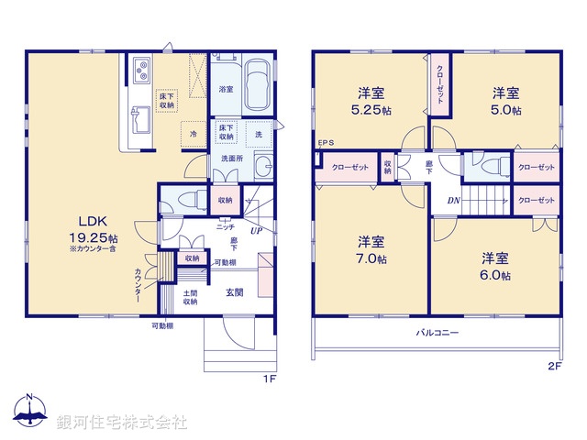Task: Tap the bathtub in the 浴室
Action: point(257,83)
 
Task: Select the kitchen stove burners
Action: point(142,68)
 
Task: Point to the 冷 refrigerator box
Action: point(193,134)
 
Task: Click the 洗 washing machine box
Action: point(259,134)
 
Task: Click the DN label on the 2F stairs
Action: point(453,201)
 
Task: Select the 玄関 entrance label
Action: point(235,292)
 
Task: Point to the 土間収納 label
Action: point(190,297)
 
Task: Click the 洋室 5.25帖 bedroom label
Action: point(371,100)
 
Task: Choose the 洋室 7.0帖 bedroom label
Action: point(371,249)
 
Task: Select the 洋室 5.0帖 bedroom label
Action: point(505,101)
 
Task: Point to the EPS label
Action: point(326,143)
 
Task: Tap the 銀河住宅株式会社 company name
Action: point(122,422)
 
